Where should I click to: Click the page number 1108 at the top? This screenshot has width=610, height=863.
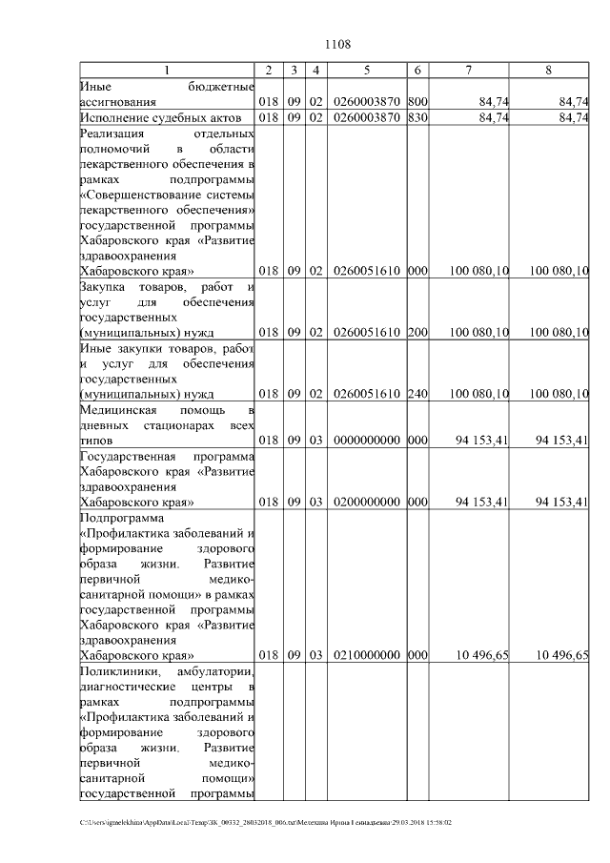[338, 44]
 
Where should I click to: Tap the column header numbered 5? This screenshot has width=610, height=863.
[366, 70]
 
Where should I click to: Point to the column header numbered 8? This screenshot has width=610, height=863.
[548, 70]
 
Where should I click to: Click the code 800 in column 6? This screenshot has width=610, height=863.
[417, 101]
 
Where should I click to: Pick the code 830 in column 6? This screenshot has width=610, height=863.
[417, 117]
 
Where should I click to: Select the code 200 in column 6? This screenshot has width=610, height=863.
[417, 332]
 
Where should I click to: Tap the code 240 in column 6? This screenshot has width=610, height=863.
[417, 393]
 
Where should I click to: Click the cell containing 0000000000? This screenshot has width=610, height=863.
[366, 441]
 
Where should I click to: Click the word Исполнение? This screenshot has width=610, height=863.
[118, 117]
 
